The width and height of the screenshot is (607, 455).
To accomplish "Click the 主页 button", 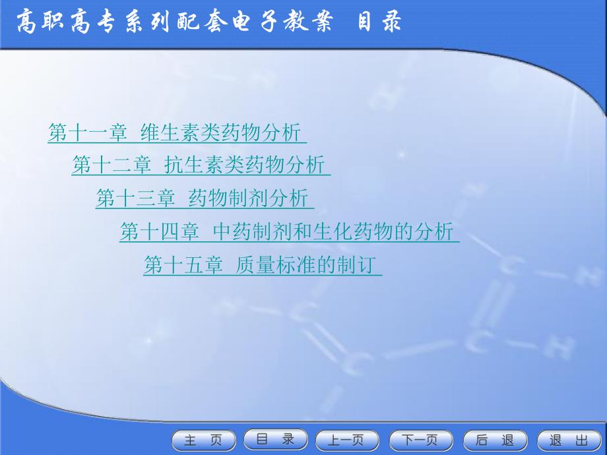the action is point(204,440).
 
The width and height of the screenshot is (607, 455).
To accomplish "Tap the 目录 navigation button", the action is point(276,440).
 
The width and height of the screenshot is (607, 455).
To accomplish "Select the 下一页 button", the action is point(421,440).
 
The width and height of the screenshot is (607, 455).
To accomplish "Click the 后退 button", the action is point(495,440).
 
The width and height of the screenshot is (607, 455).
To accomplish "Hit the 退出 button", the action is point(569,440).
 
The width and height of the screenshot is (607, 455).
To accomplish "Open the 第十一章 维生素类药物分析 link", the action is point(177,133).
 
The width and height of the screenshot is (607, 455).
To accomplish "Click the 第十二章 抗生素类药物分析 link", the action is point(201,166).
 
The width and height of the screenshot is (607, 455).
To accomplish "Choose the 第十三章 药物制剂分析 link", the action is point(205,198).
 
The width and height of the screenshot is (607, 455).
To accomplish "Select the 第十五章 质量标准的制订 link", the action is point(263,264).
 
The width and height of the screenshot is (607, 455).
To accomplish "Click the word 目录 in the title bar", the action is point(379,22).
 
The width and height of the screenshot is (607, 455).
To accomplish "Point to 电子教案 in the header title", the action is point(282,22).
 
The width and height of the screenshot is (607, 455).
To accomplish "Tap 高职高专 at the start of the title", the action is point(65,22).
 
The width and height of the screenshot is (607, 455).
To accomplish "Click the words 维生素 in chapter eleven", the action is point(170,133).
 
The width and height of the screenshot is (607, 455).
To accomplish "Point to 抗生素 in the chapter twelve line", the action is point(195,166).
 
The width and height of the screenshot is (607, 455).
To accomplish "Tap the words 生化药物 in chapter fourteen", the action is point(353,231).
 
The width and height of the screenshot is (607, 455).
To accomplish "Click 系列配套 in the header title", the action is point(174,22).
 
